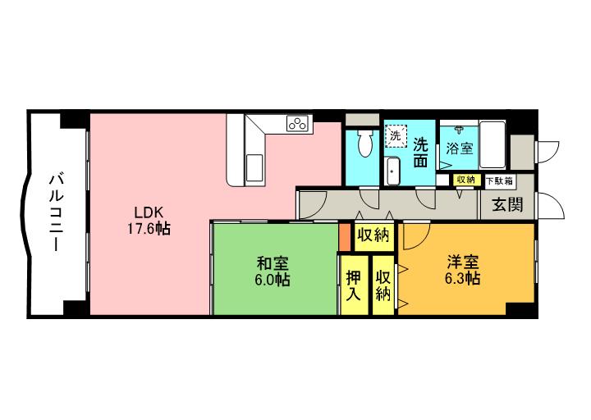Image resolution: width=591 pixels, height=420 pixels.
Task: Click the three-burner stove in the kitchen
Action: pyautogui.click(x=297, y=124)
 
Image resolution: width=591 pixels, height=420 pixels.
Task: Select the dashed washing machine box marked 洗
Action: pyautogui.click(x=396, y=134)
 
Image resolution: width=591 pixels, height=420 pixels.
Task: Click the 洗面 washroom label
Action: pyautogui.click(x=420, y=152)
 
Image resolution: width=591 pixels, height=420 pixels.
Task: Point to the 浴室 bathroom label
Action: pyautogui.click(x=460, y=148)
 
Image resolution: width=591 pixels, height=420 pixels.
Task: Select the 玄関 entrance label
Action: pyautogui.click(x=506, y=204)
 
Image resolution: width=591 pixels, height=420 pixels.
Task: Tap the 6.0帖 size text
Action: pyautogui.click(x=272, y=281)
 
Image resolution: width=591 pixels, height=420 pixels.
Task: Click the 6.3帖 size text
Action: pyautogui.click(x=464, y=279)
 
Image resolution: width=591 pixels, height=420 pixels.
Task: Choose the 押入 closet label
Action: pyautogui.click(x=354, y=285)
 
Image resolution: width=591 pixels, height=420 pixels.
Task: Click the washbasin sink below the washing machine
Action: pyautogui.click(x=393, y=171)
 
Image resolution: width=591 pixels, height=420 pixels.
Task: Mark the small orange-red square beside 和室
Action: pyautogui.click(x=345, y=234)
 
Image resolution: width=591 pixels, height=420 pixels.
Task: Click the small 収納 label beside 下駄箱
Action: pyautogui.click(x=465, y=180)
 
